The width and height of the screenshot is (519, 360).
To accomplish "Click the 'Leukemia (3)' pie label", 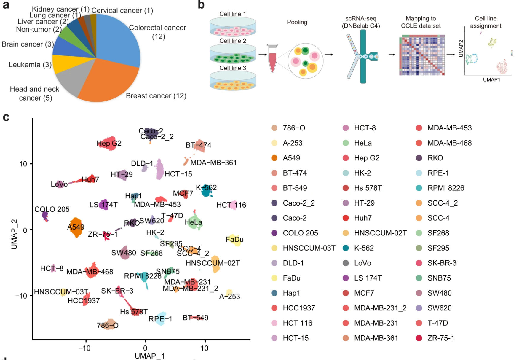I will (30, 65).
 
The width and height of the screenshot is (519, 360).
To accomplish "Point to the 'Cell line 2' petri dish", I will (233, 53).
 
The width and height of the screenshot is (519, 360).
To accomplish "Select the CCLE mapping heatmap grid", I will (422, 55).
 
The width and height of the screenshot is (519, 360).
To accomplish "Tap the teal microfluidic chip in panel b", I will (363, 56).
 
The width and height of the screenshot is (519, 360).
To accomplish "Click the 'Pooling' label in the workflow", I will (297, 22).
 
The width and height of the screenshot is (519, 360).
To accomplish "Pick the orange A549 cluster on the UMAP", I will (76, 228).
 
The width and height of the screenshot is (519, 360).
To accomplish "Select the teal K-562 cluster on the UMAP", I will (206, 191).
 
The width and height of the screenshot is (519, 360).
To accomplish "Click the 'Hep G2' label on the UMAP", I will (109, 144).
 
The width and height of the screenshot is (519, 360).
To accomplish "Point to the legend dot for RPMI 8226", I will (419, 188).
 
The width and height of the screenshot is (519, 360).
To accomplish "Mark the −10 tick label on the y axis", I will (21, 296).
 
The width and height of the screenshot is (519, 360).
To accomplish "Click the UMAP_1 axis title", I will (150, 356).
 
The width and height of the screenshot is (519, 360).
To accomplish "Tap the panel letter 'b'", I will (201, 5).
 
